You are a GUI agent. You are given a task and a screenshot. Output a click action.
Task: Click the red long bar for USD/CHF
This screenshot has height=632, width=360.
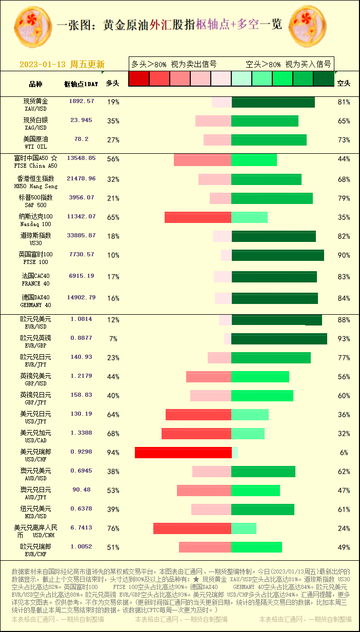pyautogui.click(x=183, y=453)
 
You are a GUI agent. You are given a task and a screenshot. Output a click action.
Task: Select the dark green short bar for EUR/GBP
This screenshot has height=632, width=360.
pyautogui.click(x=279, y=339)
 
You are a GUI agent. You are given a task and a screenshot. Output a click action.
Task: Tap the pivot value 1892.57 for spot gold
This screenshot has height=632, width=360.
pyautogui.click(x=82, y=101)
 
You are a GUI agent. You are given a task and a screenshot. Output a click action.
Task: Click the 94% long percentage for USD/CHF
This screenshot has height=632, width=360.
pyautogui.click(x=113, y=453)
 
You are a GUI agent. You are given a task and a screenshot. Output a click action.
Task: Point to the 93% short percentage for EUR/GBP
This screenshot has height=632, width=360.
pyautogui.click(x=344, y=339)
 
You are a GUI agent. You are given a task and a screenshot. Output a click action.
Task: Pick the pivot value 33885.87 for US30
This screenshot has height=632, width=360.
pyautogui.click(x=81, y=236)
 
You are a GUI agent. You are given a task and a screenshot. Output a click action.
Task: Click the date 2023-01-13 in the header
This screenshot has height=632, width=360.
pyautogui.click(x=43, y=65)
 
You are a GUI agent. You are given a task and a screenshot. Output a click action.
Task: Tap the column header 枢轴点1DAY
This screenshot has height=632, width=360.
pyautogui.click(x=81, y=84)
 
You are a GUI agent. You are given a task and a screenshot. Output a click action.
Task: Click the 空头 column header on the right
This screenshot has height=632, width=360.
pyautogui.click(x=344, y=83)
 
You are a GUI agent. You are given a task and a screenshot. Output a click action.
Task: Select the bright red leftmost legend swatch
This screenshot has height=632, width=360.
pyautogui.click(x=138, y=78)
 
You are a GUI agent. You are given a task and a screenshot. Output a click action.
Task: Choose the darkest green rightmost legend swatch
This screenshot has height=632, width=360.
pyautogui.click(x=323, y=78)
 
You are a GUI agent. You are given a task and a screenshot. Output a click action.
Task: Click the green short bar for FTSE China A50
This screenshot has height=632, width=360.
pyautogui.click(x=254, y=160)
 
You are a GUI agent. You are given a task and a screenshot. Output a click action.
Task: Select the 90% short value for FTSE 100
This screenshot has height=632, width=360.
pyautogui.click(x=344, y=255)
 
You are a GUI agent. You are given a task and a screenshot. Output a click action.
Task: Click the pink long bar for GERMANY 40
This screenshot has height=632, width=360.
pyautogui.click(x=223, y=298)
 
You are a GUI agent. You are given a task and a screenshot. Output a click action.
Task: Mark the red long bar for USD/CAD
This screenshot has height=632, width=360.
pyautogui.click(x=196, y=434)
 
